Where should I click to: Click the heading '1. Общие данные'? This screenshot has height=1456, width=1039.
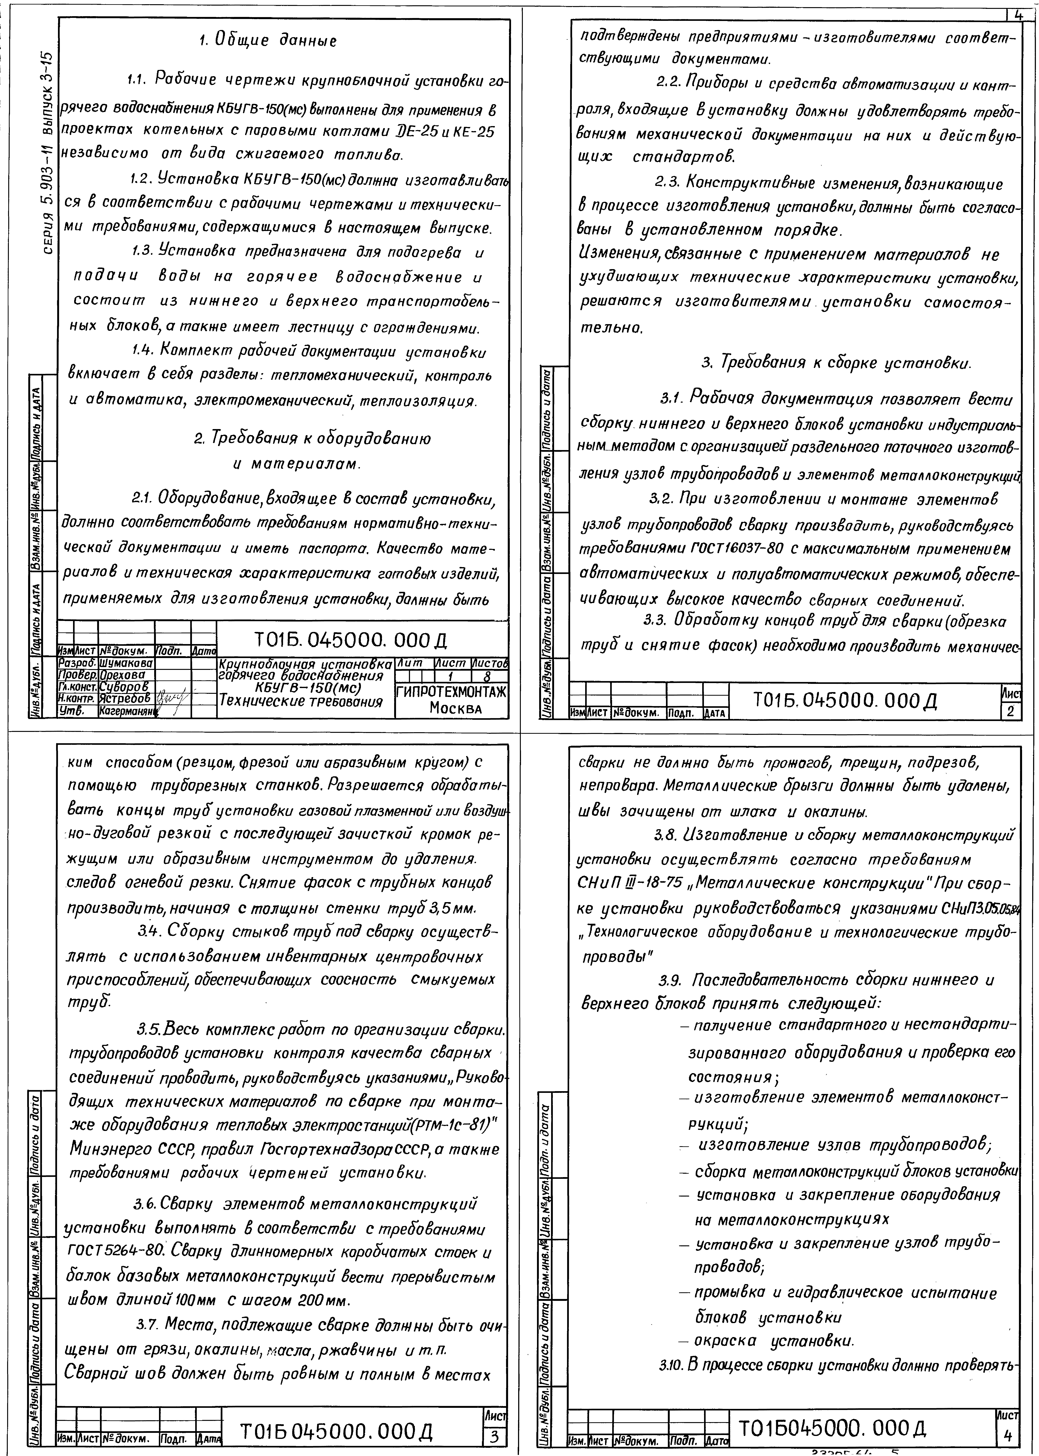coord(267,41)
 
